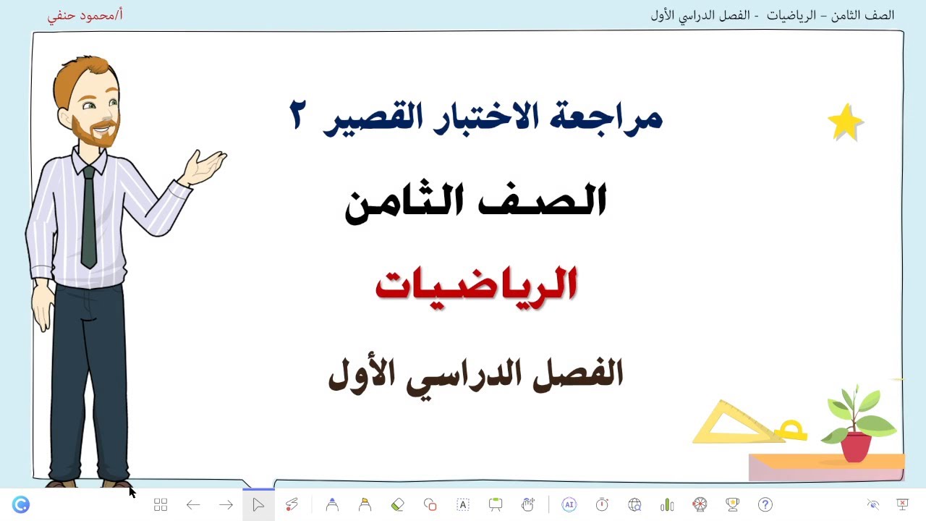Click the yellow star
(845, 122)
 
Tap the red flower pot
(857, 446)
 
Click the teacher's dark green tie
(88, 217)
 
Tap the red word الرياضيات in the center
(476, 284)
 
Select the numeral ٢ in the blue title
(297, 116)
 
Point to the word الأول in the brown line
(361, 374)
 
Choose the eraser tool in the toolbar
(397, 504)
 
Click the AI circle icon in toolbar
(569, 504)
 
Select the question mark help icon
(765, 504)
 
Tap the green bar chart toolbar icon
(667, 504)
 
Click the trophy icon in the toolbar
(732, 504)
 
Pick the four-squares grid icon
(161, 504)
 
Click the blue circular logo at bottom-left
(21, 504)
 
